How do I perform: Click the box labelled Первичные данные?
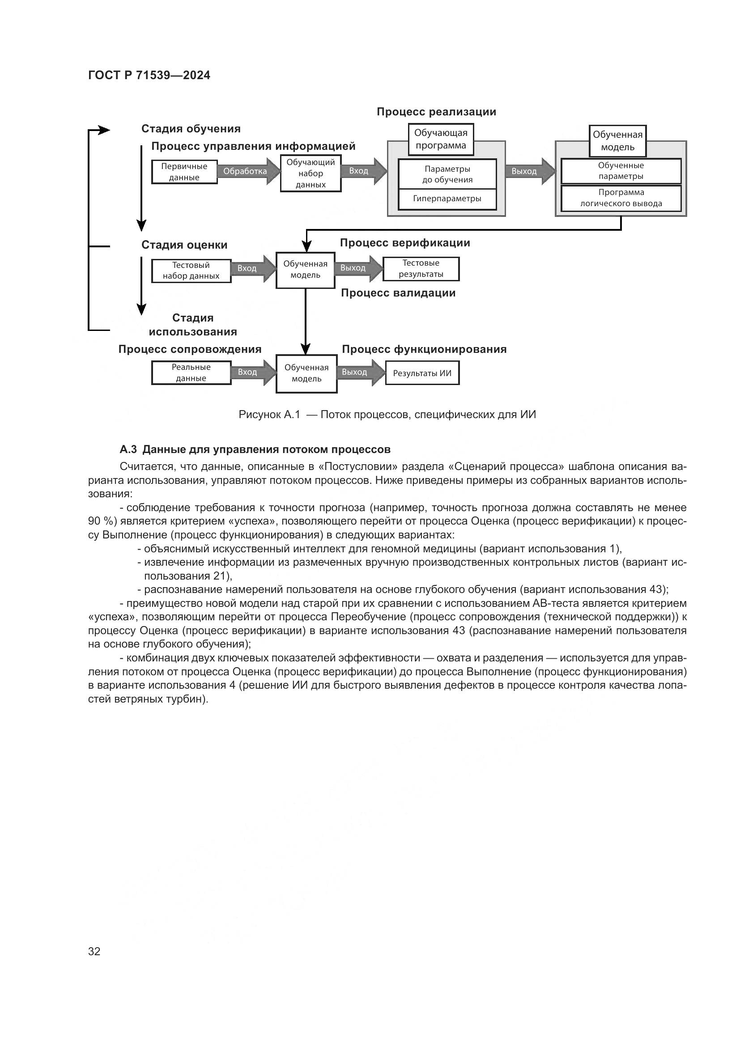(184, 172)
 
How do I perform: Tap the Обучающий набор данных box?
(310, 173)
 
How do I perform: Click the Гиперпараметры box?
(447, 199)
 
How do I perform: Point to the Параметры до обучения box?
(447, 174)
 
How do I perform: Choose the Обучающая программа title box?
(441, 140)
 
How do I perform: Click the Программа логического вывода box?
(621, 198)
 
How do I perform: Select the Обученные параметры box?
(621, 171)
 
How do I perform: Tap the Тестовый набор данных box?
(191, 271)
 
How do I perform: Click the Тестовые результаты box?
(421, 269)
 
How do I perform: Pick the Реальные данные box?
(191, 373)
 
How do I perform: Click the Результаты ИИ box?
(422, 373)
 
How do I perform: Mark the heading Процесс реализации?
(436, 112)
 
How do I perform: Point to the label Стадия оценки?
(184, 245)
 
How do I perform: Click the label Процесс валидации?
(398, 293)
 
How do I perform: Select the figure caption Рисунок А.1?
(387, 415)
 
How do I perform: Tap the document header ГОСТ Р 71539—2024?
(149, 76)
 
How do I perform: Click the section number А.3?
(128, 449)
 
